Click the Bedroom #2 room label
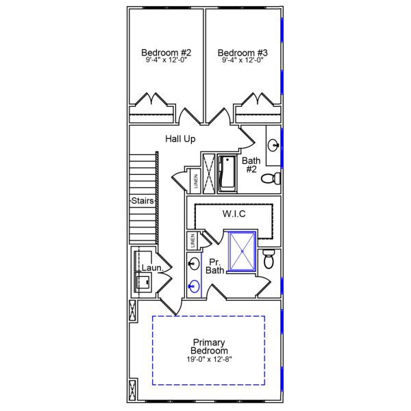pos(166,53)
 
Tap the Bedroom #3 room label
pos(242,53)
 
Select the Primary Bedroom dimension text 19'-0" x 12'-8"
pos(210,359)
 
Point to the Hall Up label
pos(180,139)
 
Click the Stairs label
pos(142,201)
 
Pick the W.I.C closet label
pos(234,214)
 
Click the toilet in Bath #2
pos(273,179)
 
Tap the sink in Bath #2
pos(273,145)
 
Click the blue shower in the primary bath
pos(240,251)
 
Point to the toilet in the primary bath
pos(269,258)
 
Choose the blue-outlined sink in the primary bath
pos(195,286)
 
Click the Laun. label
pos(151,269)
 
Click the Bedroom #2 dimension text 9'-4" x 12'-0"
pos(166,60)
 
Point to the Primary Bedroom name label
pos(210,347)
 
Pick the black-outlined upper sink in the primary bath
pos(195,263)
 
